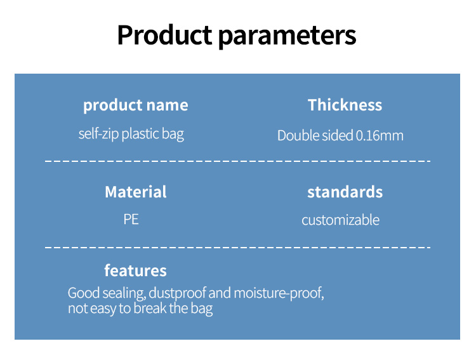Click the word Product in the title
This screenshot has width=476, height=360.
pos(164,35)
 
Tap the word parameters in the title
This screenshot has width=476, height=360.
pos(287,37)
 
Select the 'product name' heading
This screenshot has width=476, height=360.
pos(136,105)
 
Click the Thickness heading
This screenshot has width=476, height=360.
pos(345,105)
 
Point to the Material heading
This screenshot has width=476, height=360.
pos(136,192)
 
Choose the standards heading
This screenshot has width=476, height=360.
pos(345,192)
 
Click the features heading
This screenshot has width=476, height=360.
pos(135,270)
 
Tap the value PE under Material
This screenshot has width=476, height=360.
pos(131,219)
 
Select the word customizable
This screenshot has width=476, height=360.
pos(341,220)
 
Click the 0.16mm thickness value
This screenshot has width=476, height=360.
pos(380,135)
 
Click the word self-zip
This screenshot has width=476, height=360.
pos(98,134)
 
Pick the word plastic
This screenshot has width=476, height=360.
pos(140,134)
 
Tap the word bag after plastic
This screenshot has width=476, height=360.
pos(173,135)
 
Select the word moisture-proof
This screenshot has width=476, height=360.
pos(279,293)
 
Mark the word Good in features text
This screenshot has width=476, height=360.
pos(84,293)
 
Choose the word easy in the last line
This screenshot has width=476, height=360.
pos(103,309)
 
